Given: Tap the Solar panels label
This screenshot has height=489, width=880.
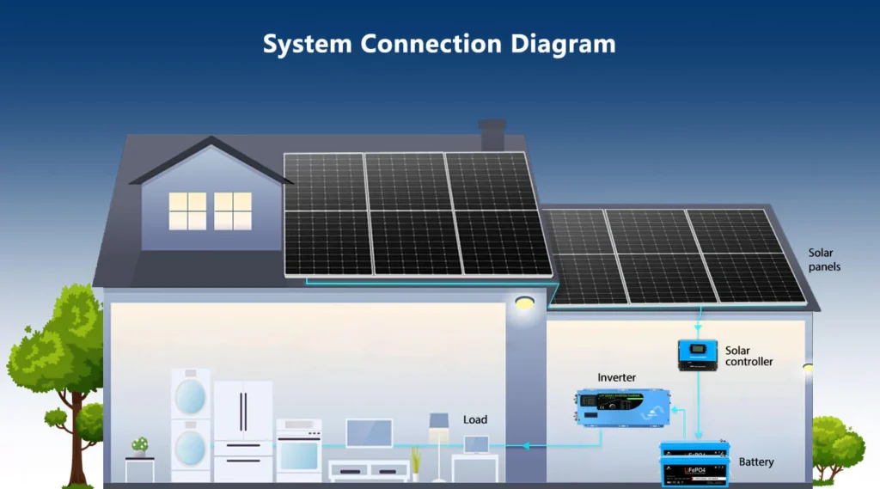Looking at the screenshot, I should [824, 260].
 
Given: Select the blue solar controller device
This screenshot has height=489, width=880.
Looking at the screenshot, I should [698, 353].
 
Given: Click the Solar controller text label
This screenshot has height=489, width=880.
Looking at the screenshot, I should [749, 356].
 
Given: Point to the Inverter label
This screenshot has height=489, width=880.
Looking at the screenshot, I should [617, 377].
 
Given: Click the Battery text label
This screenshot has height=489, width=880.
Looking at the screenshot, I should [756, 462].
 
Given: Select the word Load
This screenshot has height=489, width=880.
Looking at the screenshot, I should [475, 419].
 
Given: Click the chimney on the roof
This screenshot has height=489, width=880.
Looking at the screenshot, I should [492, 135].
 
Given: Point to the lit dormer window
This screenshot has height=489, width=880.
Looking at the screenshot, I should [211, 211].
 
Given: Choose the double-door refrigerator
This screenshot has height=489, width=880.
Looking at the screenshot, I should [243, 431].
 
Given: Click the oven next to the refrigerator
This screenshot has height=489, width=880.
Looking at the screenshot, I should [299, 450].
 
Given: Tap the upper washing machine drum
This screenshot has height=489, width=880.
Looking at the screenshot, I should [191, 396].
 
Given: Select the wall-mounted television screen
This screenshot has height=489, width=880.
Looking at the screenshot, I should [370, 432].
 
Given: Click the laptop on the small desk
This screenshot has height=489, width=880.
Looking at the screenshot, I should [476, 445].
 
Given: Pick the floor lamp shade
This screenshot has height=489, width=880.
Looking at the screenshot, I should [439, 420].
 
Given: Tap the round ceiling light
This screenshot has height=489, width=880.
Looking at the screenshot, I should [524, 303].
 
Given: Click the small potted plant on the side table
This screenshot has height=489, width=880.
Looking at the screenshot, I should [139, 446].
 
